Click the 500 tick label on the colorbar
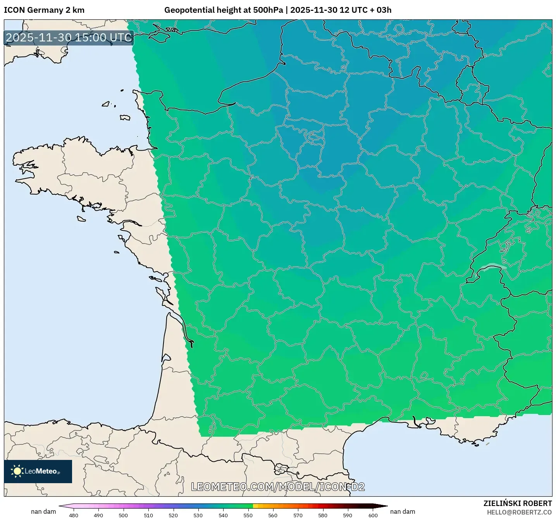click(123, 515)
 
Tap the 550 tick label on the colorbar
click(248, 515)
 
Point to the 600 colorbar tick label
click(373, 515)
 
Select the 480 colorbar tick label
click(73, 515)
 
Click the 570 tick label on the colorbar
click(298, 515)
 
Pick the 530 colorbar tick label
click(198, 515)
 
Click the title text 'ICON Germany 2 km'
click(44, 10)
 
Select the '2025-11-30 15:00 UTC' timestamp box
click(69, 38)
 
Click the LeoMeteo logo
click(38, 471)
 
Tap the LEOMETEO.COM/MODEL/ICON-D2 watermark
click(278, 487)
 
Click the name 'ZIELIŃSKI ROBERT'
click(518, 503)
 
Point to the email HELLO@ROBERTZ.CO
click(519, 512)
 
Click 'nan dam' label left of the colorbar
click(43, 511)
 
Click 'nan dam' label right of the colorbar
click(403, 511)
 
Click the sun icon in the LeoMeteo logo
click(17, 471)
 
